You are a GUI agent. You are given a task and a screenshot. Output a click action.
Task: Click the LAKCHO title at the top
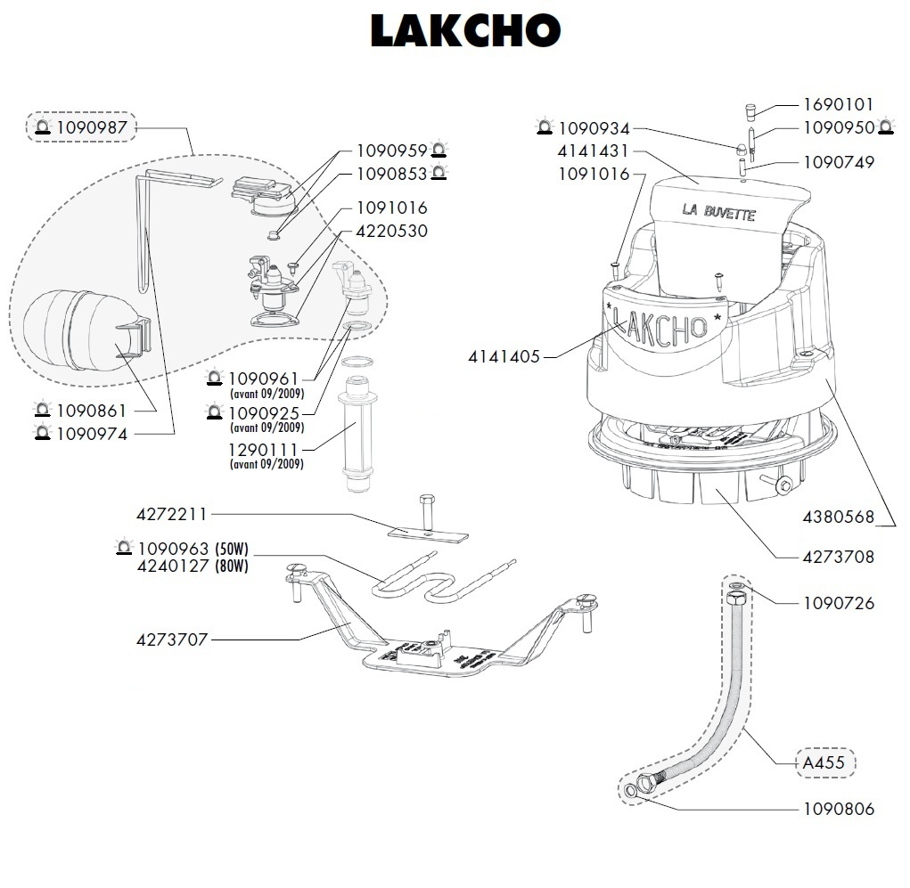[464, 32]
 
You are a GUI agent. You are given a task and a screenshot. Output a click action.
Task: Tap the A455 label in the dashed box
[824, 763]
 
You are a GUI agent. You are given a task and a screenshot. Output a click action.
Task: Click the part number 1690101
[839, 105]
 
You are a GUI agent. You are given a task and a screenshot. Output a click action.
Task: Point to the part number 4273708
[839, 558]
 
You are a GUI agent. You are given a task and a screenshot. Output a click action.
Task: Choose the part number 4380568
[839, 517]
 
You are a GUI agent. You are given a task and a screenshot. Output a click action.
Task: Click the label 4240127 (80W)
[193, 566]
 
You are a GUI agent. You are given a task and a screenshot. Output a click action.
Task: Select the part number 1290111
[266, 451]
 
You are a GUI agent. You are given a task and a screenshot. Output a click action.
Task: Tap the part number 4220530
[392, 232]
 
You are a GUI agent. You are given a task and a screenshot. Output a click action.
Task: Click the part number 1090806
[839, 809]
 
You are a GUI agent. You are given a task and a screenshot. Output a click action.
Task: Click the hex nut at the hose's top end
[737, 599]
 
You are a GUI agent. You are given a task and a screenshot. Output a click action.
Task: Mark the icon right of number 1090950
[886, 128]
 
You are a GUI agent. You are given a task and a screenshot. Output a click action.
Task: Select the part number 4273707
[172, 640]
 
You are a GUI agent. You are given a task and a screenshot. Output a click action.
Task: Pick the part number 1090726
[839, 603]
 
